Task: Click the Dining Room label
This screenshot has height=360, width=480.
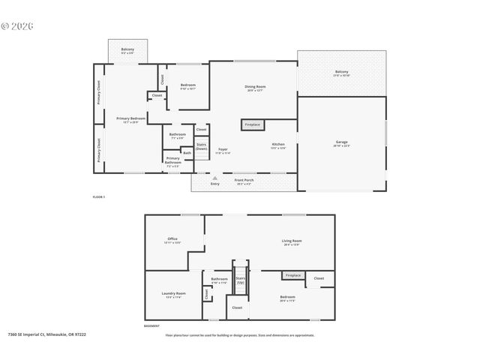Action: pos(255,88)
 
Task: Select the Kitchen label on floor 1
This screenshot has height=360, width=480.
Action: pos(277,145)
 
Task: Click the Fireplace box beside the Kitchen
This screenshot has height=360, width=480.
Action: pos(252,124)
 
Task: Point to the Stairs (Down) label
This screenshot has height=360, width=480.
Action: pos(201,146)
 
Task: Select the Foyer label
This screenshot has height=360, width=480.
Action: pos(223,151)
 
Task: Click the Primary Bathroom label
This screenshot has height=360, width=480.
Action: pos(172,160)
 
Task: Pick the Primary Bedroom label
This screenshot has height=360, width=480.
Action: pos(130,119)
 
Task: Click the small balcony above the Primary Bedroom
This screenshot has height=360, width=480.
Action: pos(127,50)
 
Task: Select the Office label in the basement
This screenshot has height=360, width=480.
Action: pos(172,241)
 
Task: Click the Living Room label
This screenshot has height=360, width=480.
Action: pos(291,242)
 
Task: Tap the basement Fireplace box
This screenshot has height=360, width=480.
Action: pos(292,275)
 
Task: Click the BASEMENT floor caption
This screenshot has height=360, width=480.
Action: pos(152,326)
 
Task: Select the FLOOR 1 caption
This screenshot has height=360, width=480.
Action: pos(99,196)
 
